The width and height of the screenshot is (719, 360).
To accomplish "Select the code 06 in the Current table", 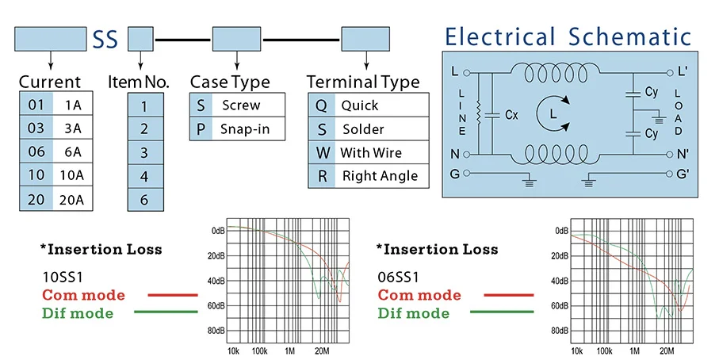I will [36, 152].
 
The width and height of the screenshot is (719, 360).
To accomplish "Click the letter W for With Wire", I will [322, 152].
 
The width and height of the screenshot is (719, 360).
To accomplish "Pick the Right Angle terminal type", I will [380, 176].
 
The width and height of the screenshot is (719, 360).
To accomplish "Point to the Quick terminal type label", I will [360, 105].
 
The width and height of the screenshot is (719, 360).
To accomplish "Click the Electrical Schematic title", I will [568, 36].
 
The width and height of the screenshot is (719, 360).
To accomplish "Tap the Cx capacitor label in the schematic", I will [512, 114].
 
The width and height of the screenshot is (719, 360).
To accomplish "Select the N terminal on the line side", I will [454, 154].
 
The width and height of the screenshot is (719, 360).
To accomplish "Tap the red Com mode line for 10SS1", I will [172, 295].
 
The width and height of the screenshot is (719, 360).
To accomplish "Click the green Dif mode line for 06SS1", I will [508, 312].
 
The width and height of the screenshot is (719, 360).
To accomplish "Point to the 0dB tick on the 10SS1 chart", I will [218, 231].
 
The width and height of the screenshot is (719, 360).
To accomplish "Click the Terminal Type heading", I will [363, 82].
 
